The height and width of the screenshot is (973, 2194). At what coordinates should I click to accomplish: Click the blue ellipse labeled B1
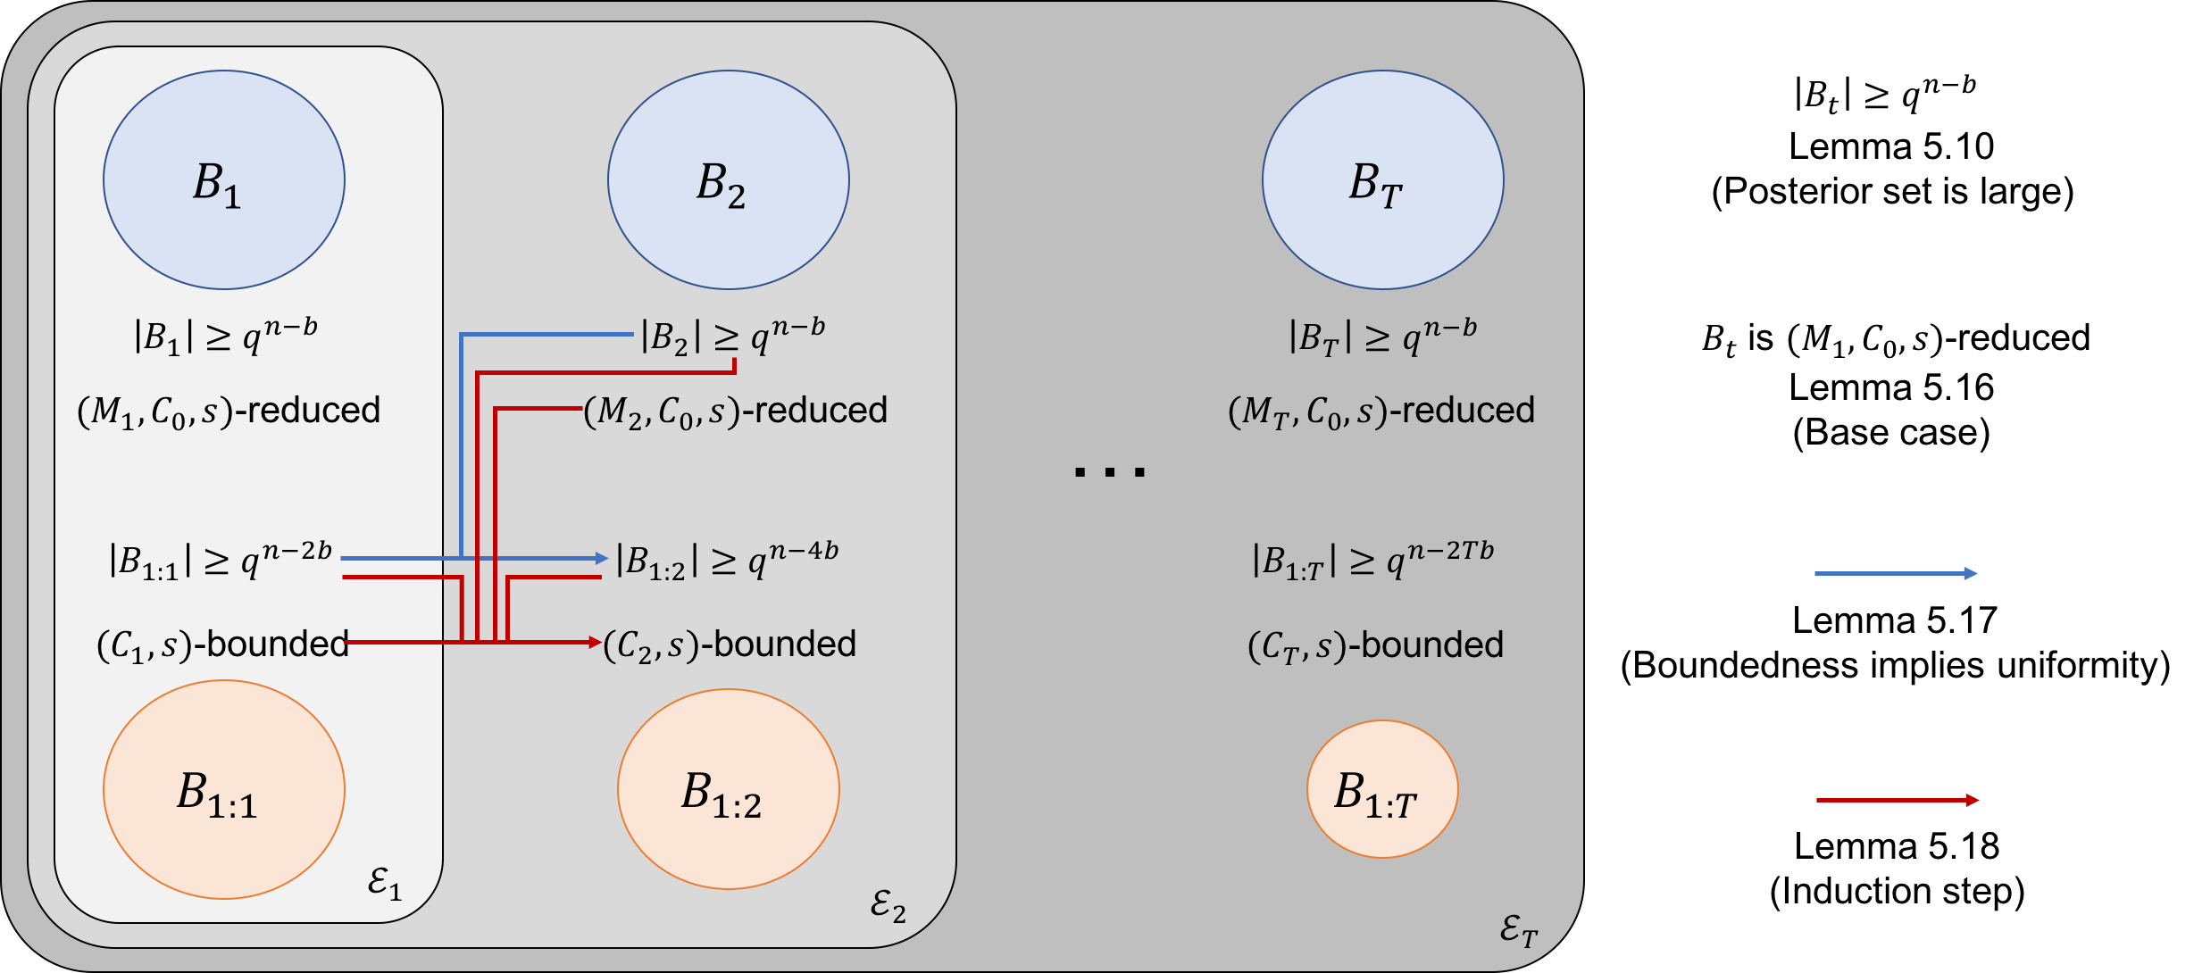223,179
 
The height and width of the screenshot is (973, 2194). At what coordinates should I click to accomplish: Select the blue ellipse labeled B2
728,179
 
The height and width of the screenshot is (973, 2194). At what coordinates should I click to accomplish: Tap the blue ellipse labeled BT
1382,179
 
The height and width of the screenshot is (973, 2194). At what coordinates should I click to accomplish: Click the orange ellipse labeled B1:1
223,789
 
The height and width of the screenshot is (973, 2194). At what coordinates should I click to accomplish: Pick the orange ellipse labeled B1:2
728,789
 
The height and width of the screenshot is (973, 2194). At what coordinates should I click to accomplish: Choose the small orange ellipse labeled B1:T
1381,789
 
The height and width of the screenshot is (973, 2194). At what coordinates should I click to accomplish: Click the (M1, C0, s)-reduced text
229,411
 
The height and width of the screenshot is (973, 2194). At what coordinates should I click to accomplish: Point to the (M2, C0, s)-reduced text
736,411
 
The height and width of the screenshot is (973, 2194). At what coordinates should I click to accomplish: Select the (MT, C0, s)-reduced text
1381,411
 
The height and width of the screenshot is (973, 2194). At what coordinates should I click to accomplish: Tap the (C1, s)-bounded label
222,645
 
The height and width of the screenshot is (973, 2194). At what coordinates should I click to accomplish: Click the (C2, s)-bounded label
730,645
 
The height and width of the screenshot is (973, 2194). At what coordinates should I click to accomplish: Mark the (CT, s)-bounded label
1375,645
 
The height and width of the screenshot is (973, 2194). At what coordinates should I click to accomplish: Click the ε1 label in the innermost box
385,884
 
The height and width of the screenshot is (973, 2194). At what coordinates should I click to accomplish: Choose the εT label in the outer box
1518,931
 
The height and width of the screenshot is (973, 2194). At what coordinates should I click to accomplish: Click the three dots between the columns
1109,471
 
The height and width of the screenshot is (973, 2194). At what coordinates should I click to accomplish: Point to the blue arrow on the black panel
1896,573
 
